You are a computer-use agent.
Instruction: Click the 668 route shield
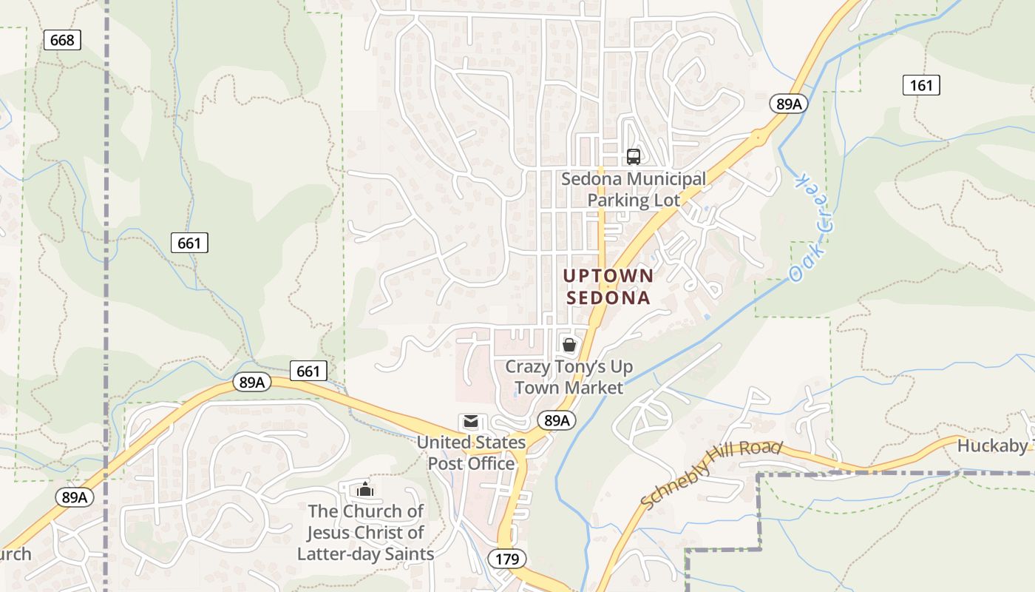pos(62,40)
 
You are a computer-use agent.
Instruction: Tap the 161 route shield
pos(921,85)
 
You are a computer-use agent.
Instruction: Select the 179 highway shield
pos(508,558)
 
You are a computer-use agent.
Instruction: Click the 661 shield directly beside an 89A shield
pos(308,371)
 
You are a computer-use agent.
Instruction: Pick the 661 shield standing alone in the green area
pos(190,242)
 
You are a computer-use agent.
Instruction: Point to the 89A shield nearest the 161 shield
pos(789,104)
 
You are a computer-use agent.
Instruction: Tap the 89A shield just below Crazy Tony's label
pos(556,420)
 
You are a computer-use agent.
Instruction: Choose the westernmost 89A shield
pos(75,497)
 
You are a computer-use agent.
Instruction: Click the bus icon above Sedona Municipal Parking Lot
pos(634,156)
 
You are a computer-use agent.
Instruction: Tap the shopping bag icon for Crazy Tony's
pos(569,345)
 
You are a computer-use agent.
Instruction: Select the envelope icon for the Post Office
pos(470,422)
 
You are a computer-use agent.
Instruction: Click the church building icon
pos(364,489)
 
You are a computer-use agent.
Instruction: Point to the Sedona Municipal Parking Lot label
pos(634,189)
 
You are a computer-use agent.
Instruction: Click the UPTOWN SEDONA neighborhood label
pos(608,286)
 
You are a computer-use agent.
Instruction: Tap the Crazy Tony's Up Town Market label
pos(569,377)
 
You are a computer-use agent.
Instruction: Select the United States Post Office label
pos(471,453)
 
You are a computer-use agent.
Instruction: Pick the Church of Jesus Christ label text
pos(365,532)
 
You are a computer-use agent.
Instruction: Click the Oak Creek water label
pos(811,228)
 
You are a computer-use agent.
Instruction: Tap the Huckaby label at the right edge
pos(994,445)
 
